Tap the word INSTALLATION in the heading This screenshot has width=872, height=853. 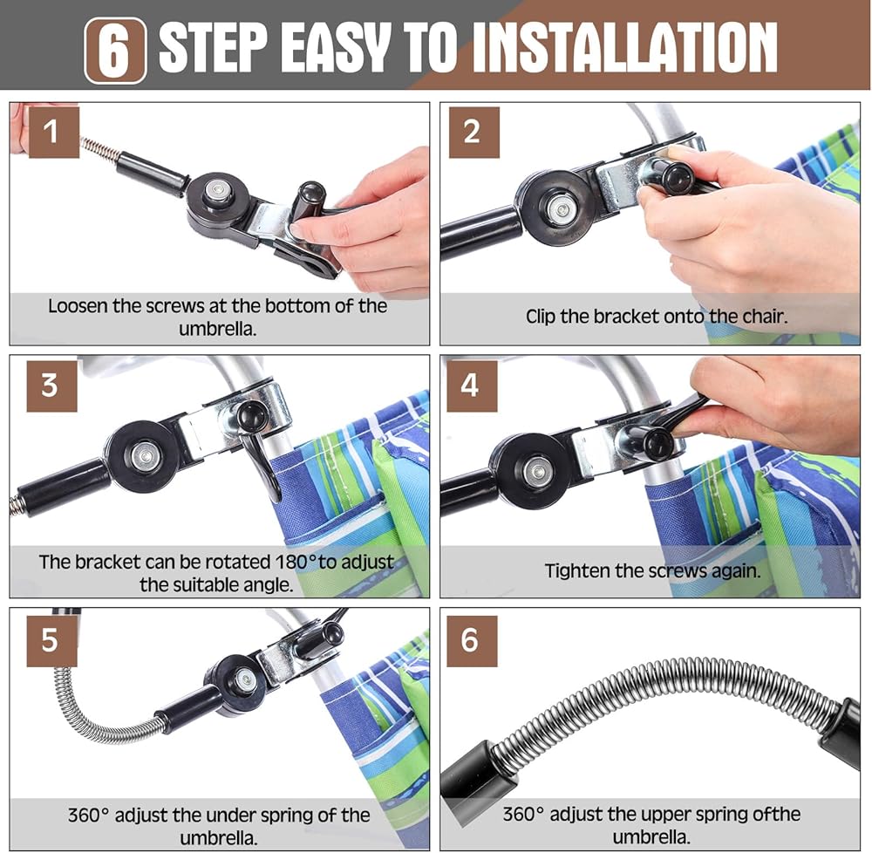click(x=624, y=47)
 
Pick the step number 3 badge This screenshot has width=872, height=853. click(x=51, y=386)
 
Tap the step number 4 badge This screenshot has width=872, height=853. click(x=472, y=386)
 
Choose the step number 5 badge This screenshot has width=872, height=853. click(x=51, y=640)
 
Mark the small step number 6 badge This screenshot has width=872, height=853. click(x=472, y=640)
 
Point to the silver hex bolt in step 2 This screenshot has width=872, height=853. click(x=561, y=209)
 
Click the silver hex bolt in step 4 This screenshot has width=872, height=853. click(x=536, y=472)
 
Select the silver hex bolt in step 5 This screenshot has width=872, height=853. click(x=244, y=679)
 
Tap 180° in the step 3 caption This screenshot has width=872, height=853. click(x=296, y=562)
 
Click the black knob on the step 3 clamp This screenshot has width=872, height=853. click(x=250, y=414)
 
